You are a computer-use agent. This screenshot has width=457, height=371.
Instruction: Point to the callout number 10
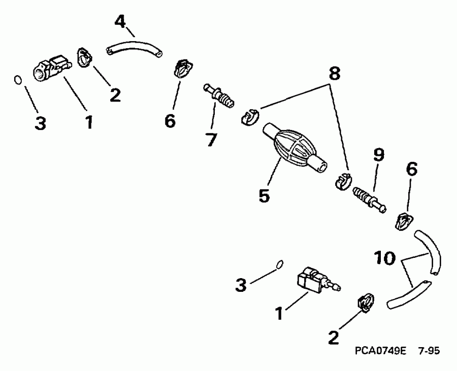(x=386, y=258)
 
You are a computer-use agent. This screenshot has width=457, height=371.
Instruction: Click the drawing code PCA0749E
(x=380, y=351)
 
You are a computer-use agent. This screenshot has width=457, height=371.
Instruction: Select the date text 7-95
(x=429, y=351)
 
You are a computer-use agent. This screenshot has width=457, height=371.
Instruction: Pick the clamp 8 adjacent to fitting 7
(x=249, y=117)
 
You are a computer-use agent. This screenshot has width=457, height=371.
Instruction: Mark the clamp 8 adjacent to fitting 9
(x=344, y=180)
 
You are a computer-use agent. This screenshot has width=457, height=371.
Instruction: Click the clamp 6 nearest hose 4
(x=181, y=69)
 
